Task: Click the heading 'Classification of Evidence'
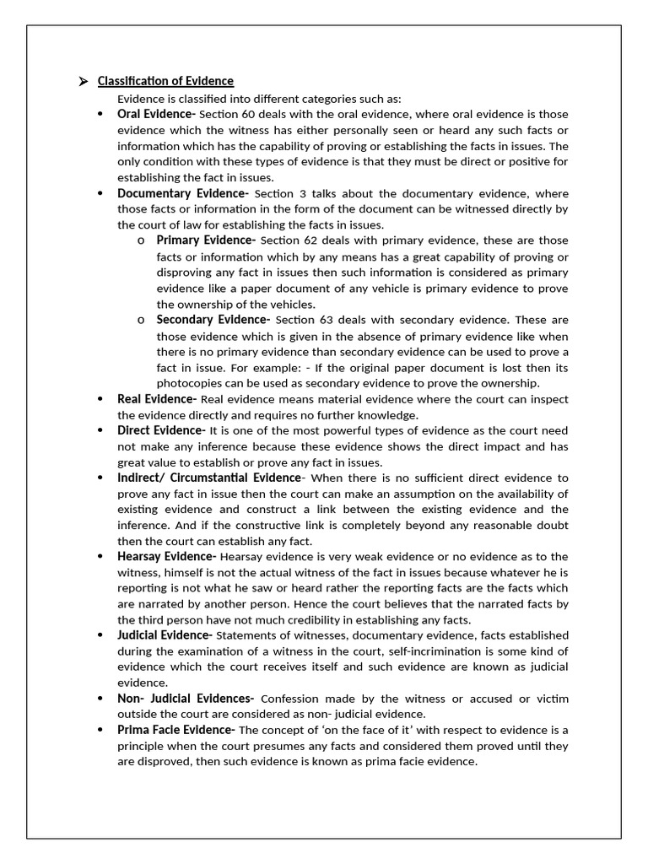(x=165, y=81)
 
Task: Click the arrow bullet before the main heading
(x=83, y=82)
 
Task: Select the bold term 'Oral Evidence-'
(x=156, y=114)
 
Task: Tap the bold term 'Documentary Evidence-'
(x=182, y=193)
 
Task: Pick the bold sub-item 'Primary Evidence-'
(x=206, y=240)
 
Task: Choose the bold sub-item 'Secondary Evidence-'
(x=213, y=320)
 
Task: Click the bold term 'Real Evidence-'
(x=157, y=399)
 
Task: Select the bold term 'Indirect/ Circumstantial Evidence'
(x=208, y=478)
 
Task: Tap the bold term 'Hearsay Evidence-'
(x=166, y=557)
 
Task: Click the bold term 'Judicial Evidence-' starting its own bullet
(x=165, y=635)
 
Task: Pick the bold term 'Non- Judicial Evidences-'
(x=186, y=699)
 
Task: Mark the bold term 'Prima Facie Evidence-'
(x=176, y=730)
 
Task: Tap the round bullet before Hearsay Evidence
(x=100, y=557)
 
